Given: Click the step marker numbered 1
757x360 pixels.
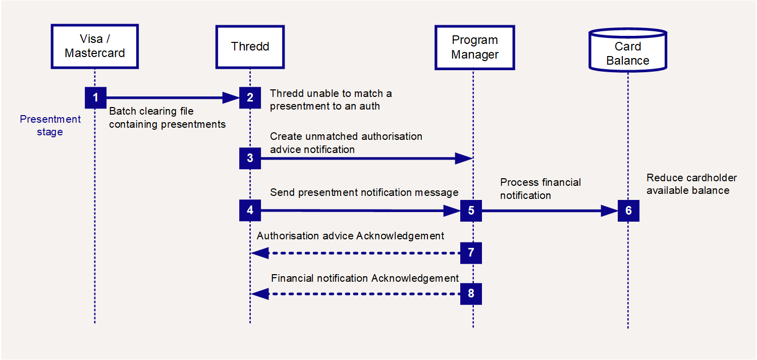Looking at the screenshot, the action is tap(96, 97).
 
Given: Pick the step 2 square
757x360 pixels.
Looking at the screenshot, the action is tap(250, 97).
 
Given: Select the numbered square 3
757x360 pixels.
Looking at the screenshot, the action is tap(250, 158).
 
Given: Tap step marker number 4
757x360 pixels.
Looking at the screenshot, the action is tap(250, 210).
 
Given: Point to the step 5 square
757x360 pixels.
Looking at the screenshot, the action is tap(471, 211).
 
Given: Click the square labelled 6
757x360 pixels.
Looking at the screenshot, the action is tap(629, 211).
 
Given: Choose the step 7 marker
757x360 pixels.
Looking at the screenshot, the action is tap(471, 253).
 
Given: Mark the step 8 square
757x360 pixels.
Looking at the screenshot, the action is tap(471, 294).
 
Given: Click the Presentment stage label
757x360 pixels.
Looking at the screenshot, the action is tap(50, 125).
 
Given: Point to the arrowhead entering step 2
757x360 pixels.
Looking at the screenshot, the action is tap(231, 97).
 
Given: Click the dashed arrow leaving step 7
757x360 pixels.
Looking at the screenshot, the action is tap(355, 253).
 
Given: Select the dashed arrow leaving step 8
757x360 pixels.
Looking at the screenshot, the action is tap(355, 294).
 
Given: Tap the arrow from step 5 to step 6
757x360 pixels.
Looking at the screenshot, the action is tap(550, 211).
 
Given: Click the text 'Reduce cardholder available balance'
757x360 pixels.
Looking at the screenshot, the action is tap(691, 184).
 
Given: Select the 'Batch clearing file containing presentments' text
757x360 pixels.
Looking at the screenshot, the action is tap(167, 118).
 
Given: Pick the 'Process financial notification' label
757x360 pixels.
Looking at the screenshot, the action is tap(540, 189).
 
